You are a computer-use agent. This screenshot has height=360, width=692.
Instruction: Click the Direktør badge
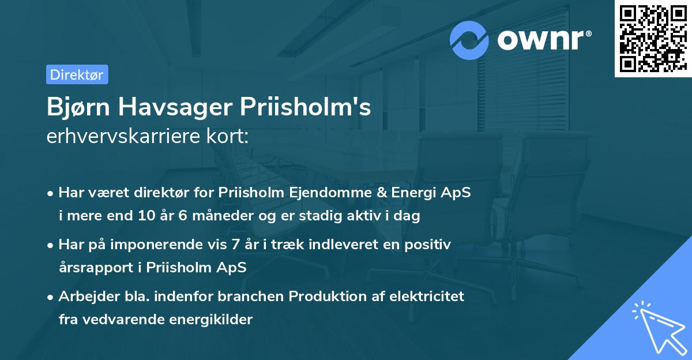(77, 74)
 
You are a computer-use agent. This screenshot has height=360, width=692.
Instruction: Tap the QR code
(652, 38)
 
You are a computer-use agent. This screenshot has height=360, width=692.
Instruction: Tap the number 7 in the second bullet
(235, 244)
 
